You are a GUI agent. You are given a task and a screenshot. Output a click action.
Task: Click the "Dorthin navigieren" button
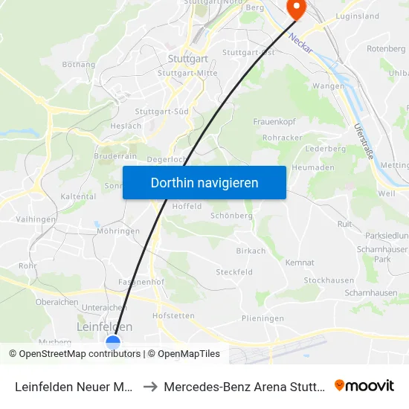click(204, 182)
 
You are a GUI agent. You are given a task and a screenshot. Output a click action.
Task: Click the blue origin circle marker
click(113, 342)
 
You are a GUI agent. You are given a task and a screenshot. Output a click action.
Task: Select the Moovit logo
click(364, 385)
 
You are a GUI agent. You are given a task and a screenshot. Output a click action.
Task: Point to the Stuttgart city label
click(187, 59)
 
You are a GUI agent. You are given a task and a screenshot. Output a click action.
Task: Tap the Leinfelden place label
click(105, 326)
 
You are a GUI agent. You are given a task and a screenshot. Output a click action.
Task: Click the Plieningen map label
click(263, 318)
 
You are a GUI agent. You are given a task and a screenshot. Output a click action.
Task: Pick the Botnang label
click(80, 65)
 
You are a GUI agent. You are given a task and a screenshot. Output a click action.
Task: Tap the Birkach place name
click(251, 251)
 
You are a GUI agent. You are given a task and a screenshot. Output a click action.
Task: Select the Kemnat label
click(299, 263)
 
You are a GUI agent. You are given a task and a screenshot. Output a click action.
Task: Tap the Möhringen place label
click(118, 231)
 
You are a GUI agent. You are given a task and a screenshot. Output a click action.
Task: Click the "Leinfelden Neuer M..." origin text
click(74, 386)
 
